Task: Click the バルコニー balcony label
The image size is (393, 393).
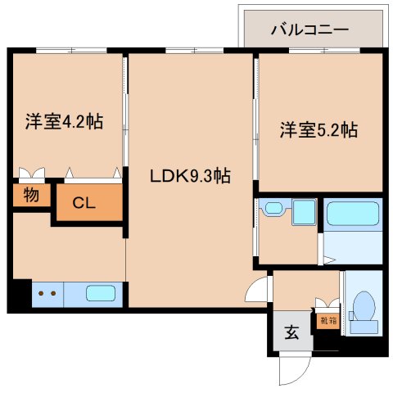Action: (x=310, y=29)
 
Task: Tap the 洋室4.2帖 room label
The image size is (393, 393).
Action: (x=62, y=122)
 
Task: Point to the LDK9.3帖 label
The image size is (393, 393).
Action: (x=188, y=175)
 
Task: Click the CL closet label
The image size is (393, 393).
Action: (x=84, y=203)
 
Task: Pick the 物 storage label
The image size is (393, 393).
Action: (x=31, y=196)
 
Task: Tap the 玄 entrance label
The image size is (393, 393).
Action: (x=291, y=332)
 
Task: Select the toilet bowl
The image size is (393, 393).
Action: (x=361, y=311)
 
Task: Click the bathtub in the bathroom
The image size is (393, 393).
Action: (x=352, y=215)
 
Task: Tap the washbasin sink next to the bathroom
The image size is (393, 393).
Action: (x=273, y=212)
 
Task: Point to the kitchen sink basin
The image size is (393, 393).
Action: (x=100, y=292)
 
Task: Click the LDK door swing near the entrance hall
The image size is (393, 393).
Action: (x=260, y=289)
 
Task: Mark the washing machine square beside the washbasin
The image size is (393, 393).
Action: (x=305, y=214)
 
